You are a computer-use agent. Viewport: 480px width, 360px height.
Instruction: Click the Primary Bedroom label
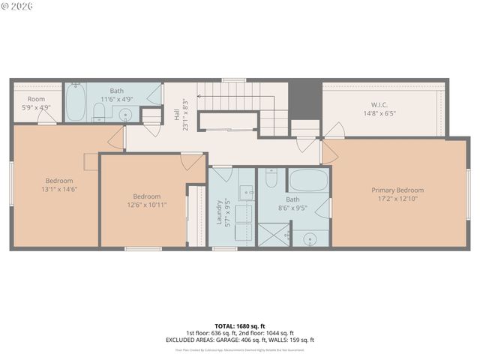(x=397, y=190)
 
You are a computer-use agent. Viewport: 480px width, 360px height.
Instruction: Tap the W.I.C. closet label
(x=379, y=105)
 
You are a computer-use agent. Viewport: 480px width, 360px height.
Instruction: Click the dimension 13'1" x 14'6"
(x=59, y=190)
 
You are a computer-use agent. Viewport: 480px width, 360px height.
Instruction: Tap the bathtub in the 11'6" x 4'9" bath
(x=76, y=103)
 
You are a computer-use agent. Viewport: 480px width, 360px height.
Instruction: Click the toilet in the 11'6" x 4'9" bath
(x=99, y=112)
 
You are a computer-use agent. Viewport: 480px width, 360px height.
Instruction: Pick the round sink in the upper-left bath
(x=125, y=115)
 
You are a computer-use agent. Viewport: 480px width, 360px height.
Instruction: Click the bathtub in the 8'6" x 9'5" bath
(x=308, y=180)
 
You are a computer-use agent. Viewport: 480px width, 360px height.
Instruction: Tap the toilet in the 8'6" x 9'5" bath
(x=271, y=178)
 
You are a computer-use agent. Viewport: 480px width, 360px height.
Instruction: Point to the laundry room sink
(x=246, y=192)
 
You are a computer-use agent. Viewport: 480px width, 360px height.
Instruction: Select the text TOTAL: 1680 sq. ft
(x=240, y=326)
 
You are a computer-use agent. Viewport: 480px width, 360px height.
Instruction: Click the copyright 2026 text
(x=16, y=7)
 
